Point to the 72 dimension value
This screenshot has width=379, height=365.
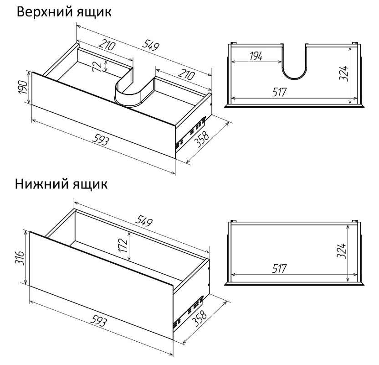[x=97, y=66]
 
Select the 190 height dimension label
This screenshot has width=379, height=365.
[x=23, y=88]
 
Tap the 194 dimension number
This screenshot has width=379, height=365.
[x=256, y=56]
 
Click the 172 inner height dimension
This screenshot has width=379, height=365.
[x=123, y=245]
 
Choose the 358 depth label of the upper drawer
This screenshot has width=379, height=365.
[x=202, y=139]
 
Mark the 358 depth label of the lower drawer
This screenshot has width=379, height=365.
[x=199, y=318]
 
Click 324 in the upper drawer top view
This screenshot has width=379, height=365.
[x=343, y=73]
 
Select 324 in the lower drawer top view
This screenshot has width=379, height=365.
[x=342, y=251]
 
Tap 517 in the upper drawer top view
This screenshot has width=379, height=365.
[x=279, y=92]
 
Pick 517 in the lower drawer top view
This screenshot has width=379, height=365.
[x=279, y=268]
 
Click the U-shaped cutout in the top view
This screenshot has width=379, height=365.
[x=294, y=78]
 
